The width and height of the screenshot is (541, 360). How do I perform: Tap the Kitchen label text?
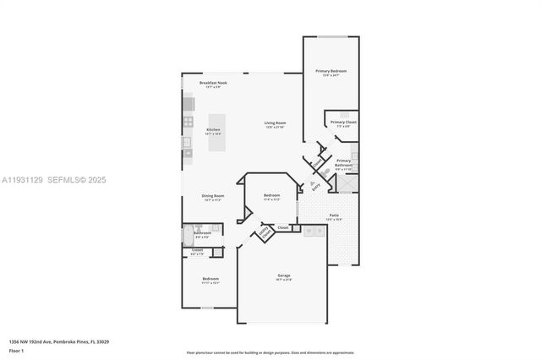tap(213, 129)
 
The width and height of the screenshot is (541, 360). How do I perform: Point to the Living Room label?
tap(276, 123)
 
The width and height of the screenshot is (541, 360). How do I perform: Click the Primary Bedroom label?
tap(331, 71)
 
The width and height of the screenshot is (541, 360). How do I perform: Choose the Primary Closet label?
tap(343, 123)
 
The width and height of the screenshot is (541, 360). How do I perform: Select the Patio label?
tap(334, 215)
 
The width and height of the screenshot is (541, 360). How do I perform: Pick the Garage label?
tap(283, 276)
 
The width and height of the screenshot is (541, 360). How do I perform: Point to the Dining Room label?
tap(212, 196)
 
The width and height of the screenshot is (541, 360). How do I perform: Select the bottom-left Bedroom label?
tap(210, 279)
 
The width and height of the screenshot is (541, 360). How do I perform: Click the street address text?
tap(59, 341)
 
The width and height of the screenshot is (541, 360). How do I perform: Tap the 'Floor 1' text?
tap(16, 350)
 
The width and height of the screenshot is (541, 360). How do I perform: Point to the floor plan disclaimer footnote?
tap(270, 352)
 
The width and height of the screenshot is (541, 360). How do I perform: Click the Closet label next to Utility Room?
tap(283, 226)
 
